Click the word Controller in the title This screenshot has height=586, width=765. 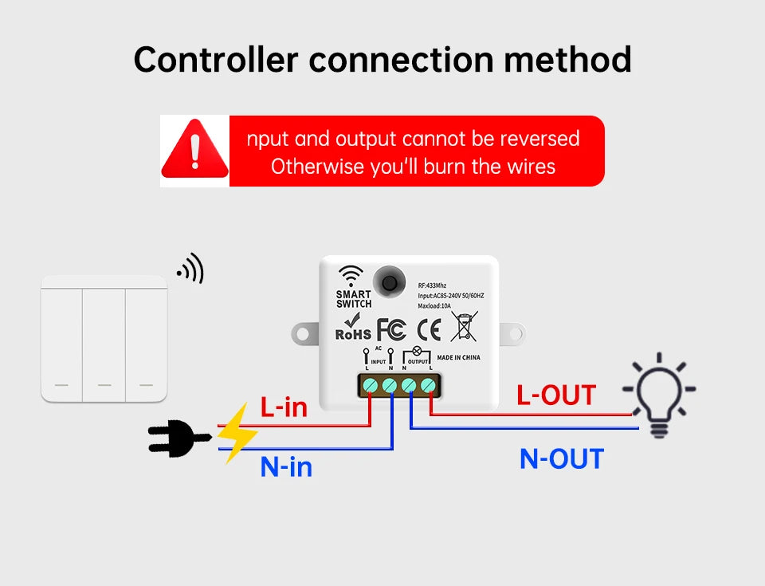215,59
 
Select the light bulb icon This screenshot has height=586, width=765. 658,395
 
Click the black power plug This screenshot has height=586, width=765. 177,438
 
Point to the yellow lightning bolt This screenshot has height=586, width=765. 236,433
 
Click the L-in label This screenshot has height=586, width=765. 284,407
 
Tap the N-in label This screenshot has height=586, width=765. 286,466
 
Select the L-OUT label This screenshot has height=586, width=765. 555,395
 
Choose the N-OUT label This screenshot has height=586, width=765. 562,459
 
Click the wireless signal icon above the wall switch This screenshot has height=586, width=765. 192,269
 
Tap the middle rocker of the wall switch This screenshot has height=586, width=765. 104,339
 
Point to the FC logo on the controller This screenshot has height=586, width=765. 391,328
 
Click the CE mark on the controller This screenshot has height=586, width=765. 429,328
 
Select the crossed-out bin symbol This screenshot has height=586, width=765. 464,327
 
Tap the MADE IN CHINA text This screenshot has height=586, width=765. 460,357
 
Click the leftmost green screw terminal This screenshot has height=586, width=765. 371,386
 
